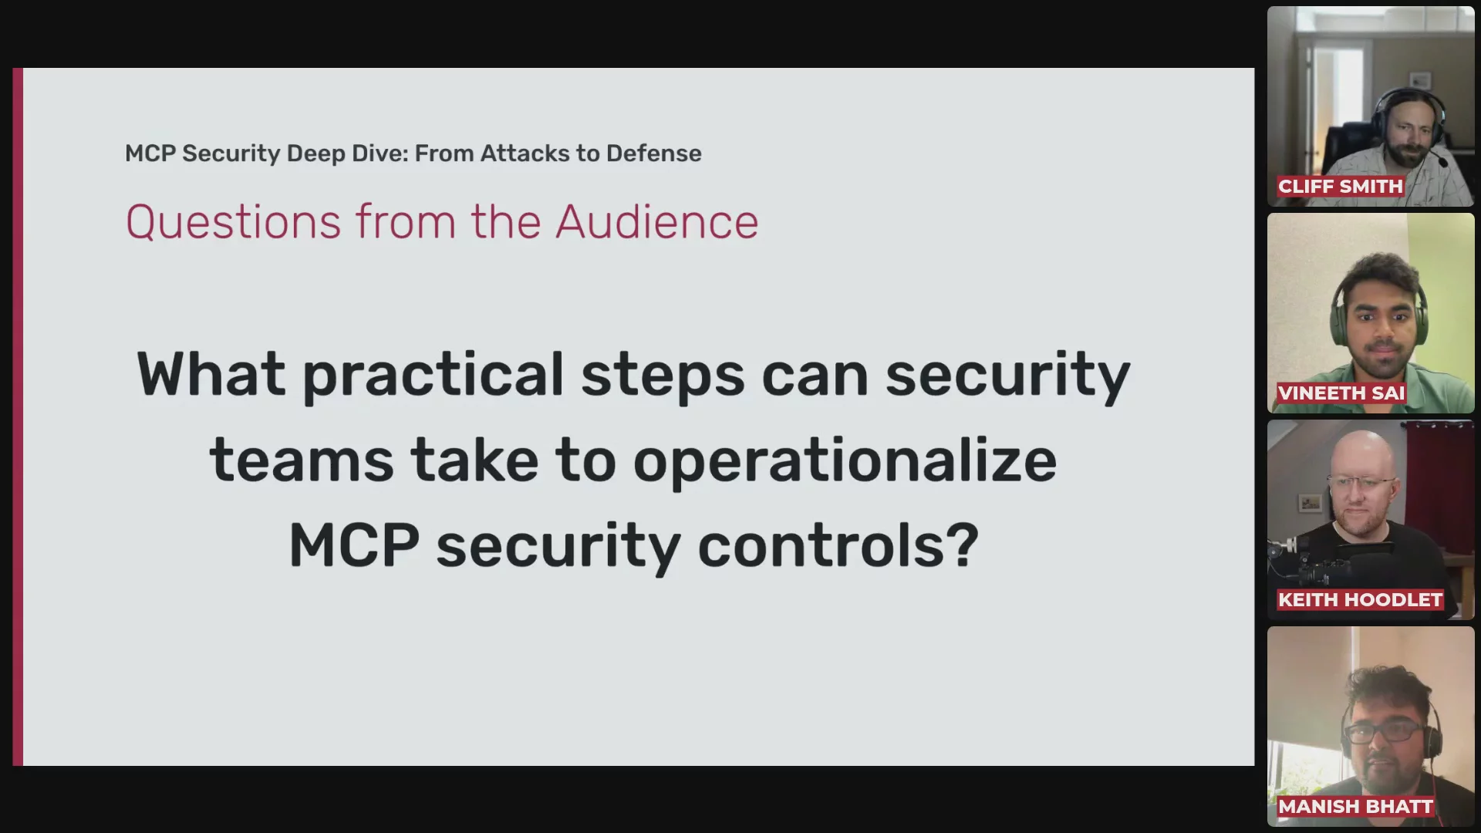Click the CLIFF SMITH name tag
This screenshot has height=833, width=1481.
pos(1340,187)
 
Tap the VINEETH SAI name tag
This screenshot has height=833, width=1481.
pos(1341,393)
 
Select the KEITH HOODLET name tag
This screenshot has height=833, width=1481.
pos(1360,600)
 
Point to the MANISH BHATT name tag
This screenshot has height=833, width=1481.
pos(1355,807)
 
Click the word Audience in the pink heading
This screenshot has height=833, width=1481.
pos(657,222)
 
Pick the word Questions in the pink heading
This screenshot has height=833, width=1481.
pos(233,223)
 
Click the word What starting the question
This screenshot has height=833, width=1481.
pos(211,374)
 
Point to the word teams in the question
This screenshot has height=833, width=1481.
pos(301,460)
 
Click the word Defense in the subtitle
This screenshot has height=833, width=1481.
pos(654,153)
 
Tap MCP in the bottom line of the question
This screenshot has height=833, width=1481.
pos(354,545)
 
